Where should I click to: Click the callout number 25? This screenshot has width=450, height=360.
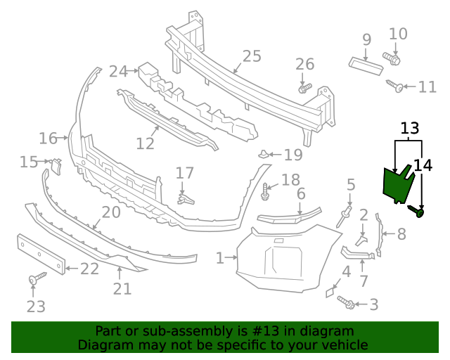tap(251, 56)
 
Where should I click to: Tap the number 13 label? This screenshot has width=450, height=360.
tap(410, 128)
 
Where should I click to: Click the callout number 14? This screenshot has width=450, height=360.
tap(423, 165)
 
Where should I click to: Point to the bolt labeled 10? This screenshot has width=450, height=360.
tap(392, 58)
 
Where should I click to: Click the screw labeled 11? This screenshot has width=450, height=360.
tap(394, 86)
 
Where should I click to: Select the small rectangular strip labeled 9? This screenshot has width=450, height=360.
tap(366, 64)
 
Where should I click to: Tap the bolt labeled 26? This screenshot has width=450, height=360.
tap(304, 89)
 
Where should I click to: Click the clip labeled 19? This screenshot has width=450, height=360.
tap(262, 155)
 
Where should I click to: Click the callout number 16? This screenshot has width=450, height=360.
tap(48, 139)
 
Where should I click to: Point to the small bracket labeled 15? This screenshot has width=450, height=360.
tap(56, 166)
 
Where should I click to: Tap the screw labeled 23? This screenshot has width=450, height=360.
tap(34, 281)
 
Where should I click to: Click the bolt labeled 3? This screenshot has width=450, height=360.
tap(345, 302)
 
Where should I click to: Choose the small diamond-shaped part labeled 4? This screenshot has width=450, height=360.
tap(330, 291)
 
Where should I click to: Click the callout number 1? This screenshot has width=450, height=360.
tap(220, 259)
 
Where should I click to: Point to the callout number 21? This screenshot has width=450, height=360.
tap(122, 288)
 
